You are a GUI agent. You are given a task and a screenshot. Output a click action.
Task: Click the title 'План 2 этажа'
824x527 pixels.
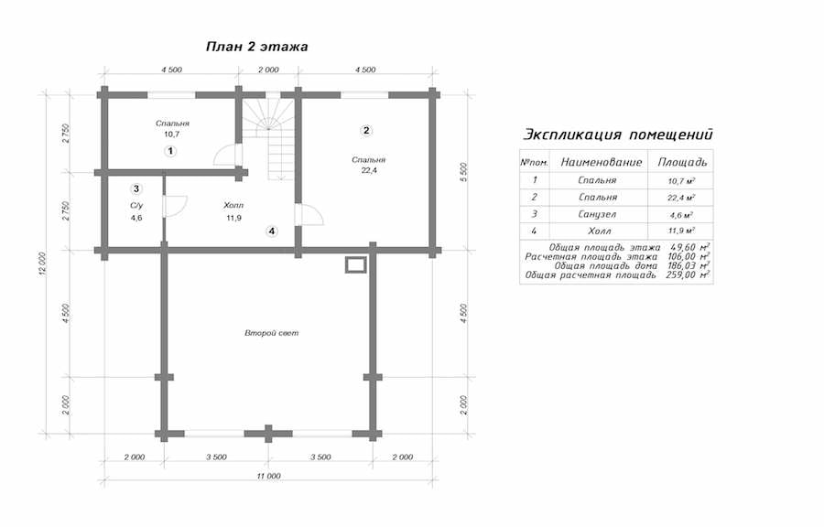tap(256, 47)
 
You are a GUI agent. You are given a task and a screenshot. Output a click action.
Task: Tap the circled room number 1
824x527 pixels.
tap(169, 151)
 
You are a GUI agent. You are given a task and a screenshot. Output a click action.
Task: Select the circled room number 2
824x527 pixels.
tap(366, 130)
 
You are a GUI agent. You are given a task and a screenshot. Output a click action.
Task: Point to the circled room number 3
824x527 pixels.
tap(136, 188)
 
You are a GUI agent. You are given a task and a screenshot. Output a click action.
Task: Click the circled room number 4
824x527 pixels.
tap(271, 231)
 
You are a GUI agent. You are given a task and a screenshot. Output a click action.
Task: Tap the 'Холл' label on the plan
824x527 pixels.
tap(233, 205)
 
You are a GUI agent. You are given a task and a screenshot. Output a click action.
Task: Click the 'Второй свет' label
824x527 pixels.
tap(271, 333)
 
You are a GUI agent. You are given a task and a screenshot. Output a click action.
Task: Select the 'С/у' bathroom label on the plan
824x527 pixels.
tap(136, 206)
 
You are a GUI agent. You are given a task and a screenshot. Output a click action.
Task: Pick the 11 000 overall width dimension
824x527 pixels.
tap(268, 476)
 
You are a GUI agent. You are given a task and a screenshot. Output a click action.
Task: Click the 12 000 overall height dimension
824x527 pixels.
tap(42, 264)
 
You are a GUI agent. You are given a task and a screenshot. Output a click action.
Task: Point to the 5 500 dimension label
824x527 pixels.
tap(463, 172)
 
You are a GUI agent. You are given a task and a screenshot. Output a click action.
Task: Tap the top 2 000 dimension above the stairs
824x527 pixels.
tap(268, 70)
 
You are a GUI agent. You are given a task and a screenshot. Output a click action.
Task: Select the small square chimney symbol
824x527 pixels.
tap(355, 264)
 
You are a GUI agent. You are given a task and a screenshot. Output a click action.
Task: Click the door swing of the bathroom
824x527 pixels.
tap(176, 205)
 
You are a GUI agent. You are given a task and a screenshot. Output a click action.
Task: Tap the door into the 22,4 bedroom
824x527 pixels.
tap(309, 214)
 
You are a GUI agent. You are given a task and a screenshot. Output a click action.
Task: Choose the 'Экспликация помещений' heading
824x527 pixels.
tap(617, 134)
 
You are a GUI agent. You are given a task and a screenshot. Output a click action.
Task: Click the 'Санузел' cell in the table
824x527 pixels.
tap(598, 214)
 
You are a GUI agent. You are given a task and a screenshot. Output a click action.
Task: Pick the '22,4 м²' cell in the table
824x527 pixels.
tap(681, 198)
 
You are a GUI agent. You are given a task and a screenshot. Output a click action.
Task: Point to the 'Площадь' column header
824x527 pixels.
tap(682, 162)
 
